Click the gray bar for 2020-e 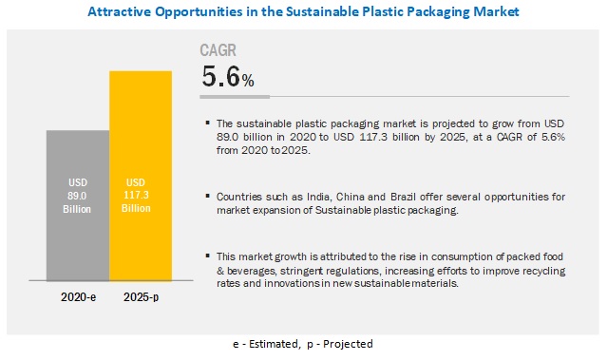click(x=78, y=205)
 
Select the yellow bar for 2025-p click(x=141, y=176)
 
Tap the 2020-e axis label click(x=78, y=297)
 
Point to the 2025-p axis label click(x=141, y=297)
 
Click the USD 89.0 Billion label click(x=77, y=196)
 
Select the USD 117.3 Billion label click(x=136, y=195)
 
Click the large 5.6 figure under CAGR click(x=221, y=76)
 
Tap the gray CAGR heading click(x=218, y=50)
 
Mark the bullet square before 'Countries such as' click(x=208, y=196)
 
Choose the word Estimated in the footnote click(x=274, y=344)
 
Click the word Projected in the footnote click(x=348, y=344)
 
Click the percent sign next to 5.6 click(x=248, y=81)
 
